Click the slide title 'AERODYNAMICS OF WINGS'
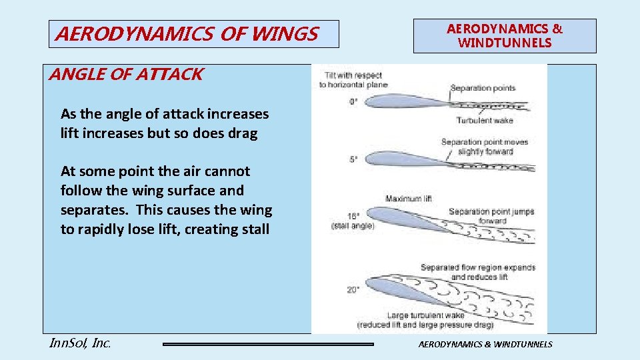[187, 34]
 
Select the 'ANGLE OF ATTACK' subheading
[126, 74]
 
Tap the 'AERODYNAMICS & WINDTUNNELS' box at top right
[505, 36]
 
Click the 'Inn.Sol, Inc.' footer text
[80, 343]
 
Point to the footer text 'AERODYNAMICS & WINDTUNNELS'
[485, 344]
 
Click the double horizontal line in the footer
[269, 344]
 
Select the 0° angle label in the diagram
[353, 101]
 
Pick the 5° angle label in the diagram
[353, 159]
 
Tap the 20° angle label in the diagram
[353, 289]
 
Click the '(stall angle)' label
[353, 226]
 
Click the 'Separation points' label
[483, 88]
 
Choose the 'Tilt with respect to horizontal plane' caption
[353, 79]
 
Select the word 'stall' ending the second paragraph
[250, 229]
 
